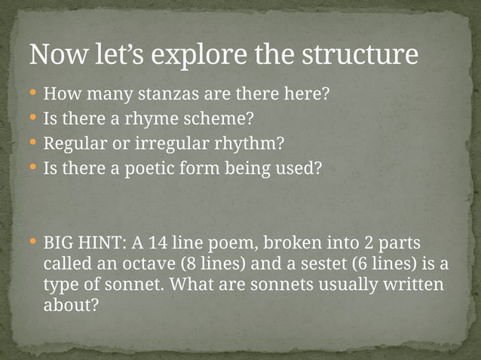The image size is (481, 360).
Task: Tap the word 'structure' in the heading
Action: [x=360, y=55]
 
